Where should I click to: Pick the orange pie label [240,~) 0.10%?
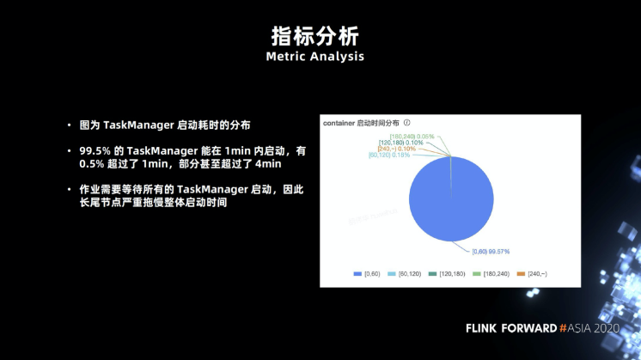pos(396,149)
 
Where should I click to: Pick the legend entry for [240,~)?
pos(539,273)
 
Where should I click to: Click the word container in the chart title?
pos(339,123)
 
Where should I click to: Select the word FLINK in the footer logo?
pos(484,328)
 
